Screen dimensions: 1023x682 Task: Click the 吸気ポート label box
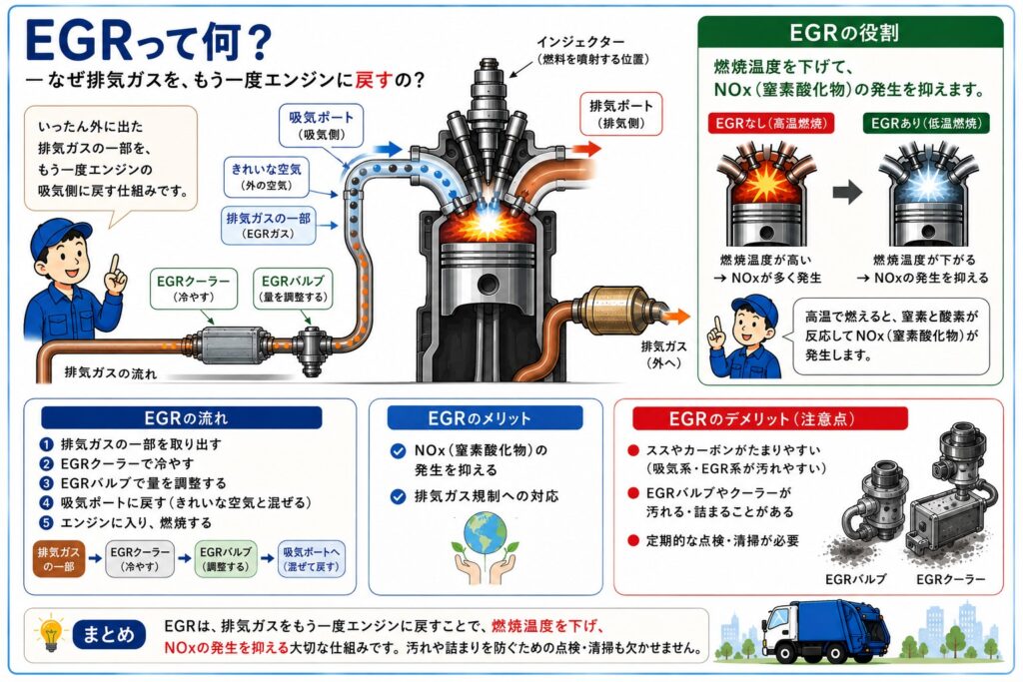(321, 125)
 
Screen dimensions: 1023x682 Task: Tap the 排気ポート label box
(621, 114)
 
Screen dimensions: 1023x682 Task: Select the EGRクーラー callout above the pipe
(193, 289)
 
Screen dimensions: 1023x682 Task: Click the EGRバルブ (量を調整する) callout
(293, 289)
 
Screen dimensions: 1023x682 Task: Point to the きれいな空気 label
(266, 177)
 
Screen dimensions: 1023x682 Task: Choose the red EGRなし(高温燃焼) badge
(770, 123)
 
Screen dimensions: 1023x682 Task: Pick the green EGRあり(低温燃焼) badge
(926, 123)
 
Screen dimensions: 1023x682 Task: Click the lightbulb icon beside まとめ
(51, 632)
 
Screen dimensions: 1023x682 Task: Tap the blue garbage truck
(826, 631)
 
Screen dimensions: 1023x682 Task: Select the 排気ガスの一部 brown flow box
(59, 559)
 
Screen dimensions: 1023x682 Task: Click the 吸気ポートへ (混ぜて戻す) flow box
(312, 559)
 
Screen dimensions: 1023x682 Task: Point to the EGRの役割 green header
(851, 32)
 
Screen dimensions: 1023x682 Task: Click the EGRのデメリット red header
(770, 418)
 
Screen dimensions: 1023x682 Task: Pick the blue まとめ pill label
(109, 634)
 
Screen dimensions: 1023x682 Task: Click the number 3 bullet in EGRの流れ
(46, 483)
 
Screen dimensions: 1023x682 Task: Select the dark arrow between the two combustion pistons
(847, 193)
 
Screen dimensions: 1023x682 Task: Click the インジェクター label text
(579, 42)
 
